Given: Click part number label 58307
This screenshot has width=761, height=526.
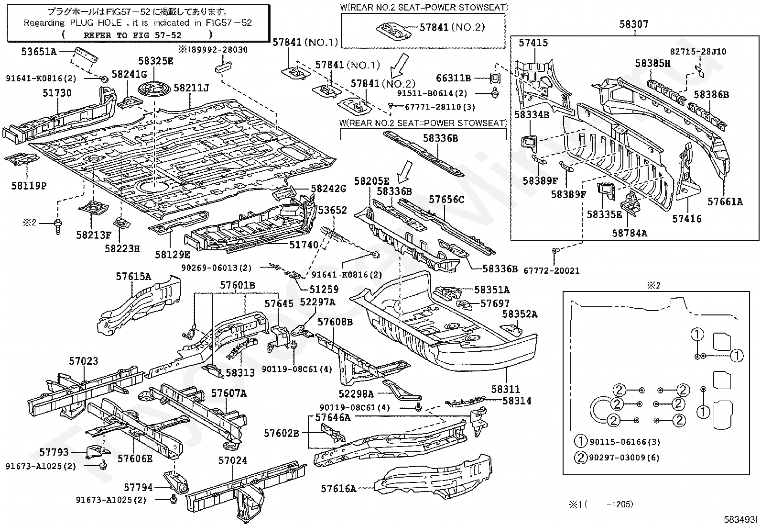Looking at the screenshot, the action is (x=633, y=24).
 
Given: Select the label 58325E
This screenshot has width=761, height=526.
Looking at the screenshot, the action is (x=156, y=61).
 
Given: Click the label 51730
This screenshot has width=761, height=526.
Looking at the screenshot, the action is (x=57, y=93).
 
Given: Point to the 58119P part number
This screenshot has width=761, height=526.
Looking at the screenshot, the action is (x=29, y=186).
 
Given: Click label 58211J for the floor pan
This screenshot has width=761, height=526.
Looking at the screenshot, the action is (x=191, y=88).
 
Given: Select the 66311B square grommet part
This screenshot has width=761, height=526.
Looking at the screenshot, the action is (x=495, y=78).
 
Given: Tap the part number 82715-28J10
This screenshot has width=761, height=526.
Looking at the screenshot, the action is (x=698, y=51).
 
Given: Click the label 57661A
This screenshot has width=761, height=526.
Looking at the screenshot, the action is (x=725, y=202).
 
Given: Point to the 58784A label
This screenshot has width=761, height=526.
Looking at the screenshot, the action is (x=630, y=233).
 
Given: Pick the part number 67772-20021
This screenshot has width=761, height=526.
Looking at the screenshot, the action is (x=551, y=270).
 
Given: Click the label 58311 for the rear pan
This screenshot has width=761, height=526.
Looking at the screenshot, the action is (x=506, y=389).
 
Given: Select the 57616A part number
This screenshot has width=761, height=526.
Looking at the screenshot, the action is (x=338, y=489).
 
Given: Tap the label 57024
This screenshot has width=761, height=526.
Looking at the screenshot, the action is (x=233, y=460).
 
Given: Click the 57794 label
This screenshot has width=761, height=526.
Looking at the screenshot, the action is (x=138, y=487).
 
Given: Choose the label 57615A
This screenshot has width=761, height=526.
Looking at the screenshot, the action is (x=133, y=276).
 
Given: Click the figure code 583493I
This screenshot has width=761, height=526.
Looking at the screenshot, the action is (x=740, y=519).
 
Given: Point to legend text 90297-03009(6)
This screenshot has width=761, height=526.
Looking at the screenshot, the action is (x=624, y=458).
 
